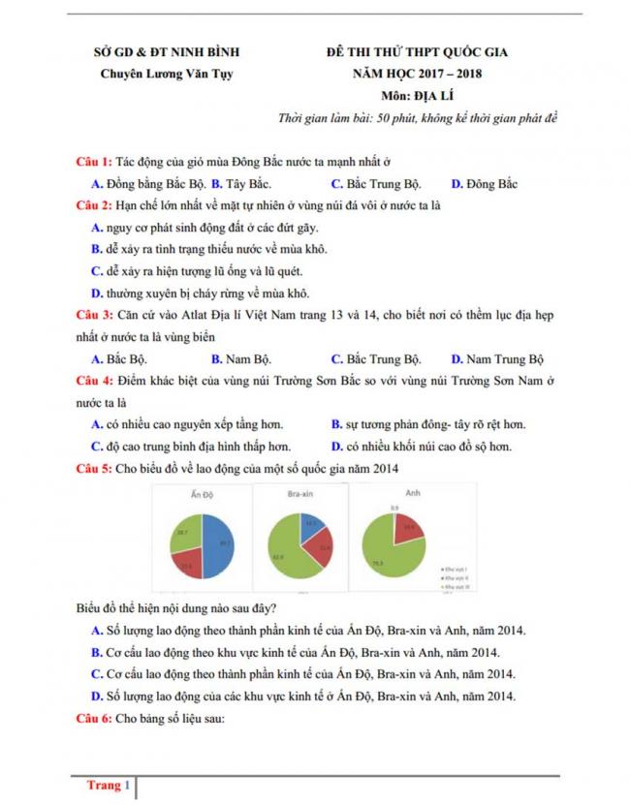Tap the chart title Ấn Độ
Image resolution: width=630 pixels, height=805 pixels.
203,495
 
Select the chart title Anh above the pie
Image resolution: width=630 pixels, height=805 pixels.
392,494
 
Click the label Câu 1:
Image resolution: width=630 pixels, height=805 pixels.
94,161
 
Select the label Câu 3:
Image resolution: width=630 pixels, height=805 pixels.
94,315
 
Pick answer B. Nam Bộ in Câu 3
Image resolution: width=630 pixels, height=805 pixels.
238,357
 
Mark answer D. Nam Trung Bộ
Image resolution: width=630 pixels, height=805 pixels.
498,357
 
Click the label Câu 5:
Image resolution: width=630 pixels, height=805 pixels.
94,468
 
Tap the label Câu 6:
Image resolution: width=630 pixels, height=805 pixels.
94,719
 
